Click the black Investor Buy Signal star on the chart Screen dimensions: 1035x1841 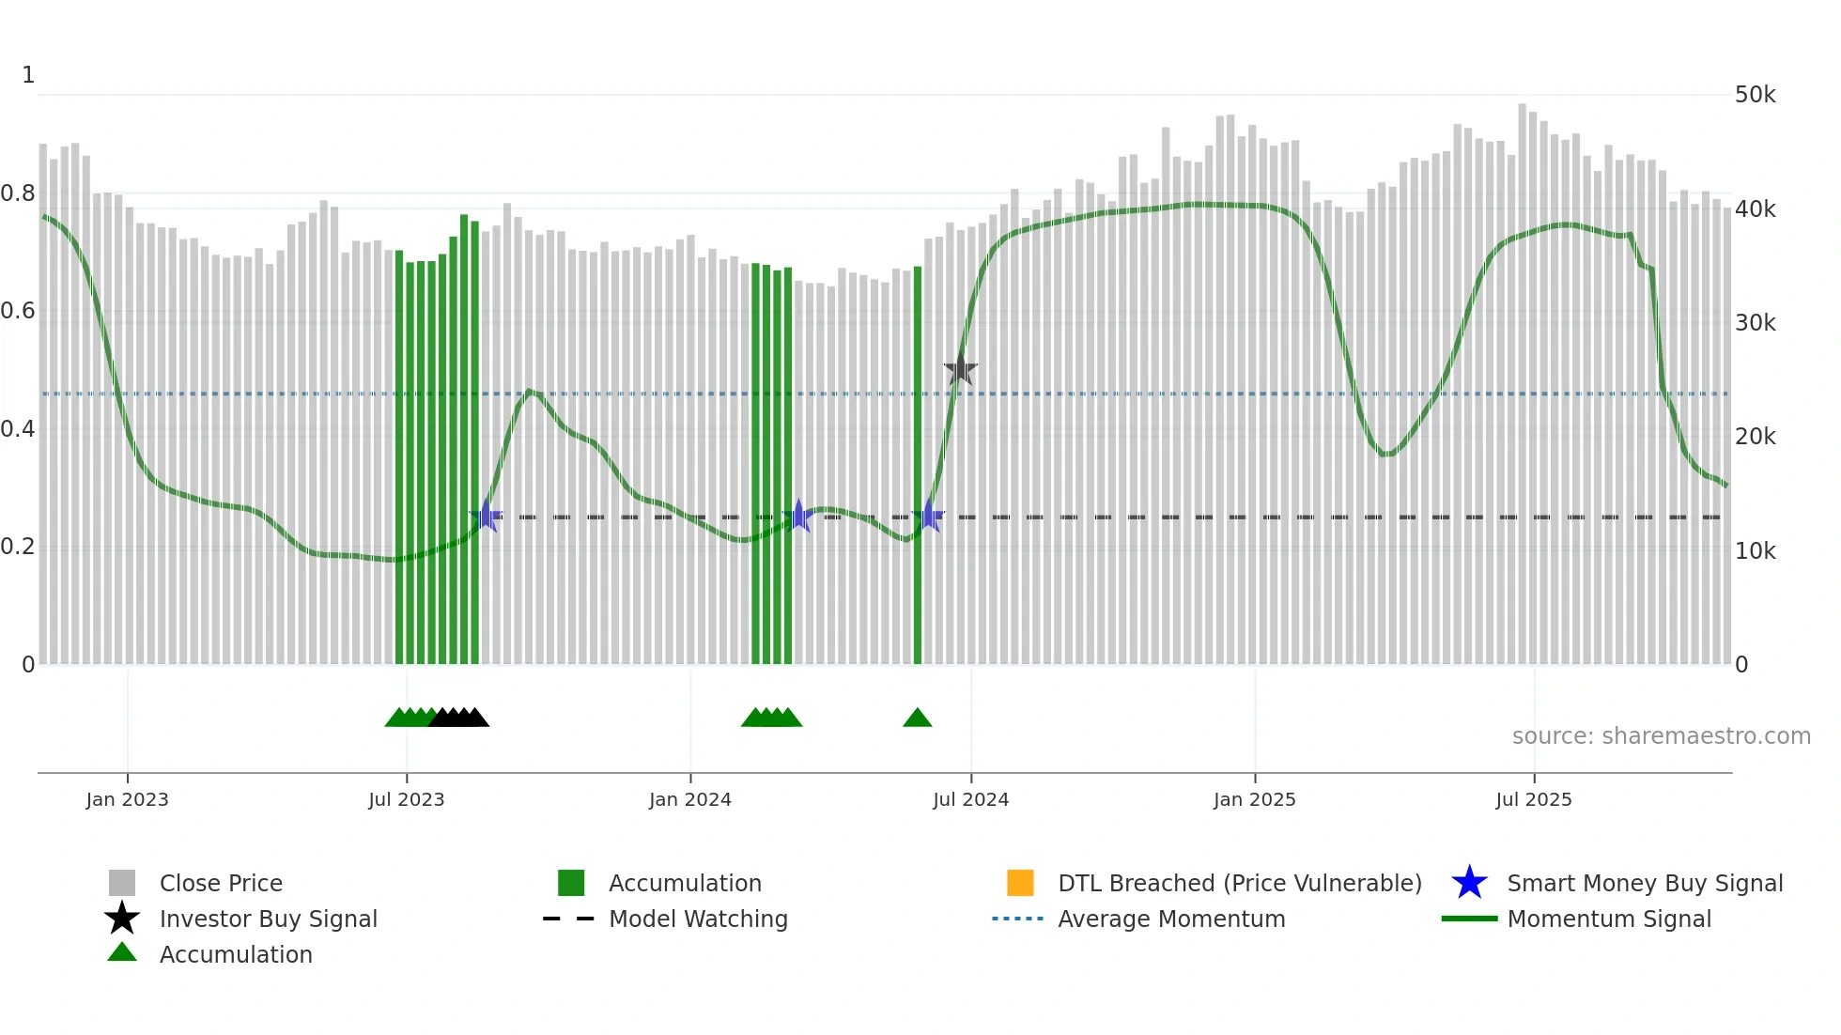pyautogui.click(x=960, y=369)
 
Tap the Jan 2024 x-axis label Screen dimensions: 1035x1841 pyautogui.click(x=689, y=799)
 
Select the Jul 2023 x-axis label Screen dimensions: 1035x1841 pyautogui.click(x=406, y=799)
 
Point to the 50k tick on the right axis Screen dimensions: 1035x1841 pyautogui.click(x=1755, y=95)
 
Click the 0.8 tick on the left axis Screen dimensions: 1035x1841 pyautogui.click(x=18, y=193)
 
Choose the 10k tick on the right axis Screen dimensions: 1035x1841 pyautogui.click(x=1755, y=551)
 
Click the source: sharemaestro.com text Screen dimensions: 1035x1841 pyautogui.click(x=1661, y=736)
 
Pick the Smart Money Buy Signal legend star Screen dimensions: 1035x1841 pyautogui.click(x=1469, y=883)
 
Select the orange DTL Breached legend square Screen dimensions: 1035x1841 pyautogui.click(x=1020, y=883)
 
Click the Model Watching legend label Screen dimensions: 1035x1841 pyautogui.click(x=698, y=919)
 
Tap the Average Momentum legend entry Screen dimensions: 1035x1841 pyautogui.click(x=1170, y=919)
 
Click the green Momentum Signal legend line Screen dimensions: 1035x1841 pyautogui.click(x=1469, y=919)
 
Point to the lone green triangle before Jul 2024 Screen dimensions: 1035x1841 pyautogui.click(x=917, y=718)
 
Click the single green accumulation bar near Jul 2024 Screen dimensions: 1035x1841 pyautogui.click(x=918, y=470)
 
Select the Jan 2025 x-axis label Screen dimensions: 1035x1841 pyautogui.click(x=1254, y=799)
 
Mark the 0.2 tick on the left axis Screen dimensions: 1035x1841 pyautogui.click(x=18, y=547)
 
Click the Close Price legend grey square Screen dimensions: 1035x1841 pyautogui.click(x=122, y=883)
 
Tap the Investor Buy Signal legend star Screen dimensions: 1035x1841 pyautogui.click(x=122, y=919)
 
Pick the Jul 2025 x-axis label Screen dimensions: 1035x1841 pyautogui.click(x=1533, y=799)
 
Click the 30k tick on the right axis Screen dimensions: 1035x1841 pyautogui.click(x=1755, y=323)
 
